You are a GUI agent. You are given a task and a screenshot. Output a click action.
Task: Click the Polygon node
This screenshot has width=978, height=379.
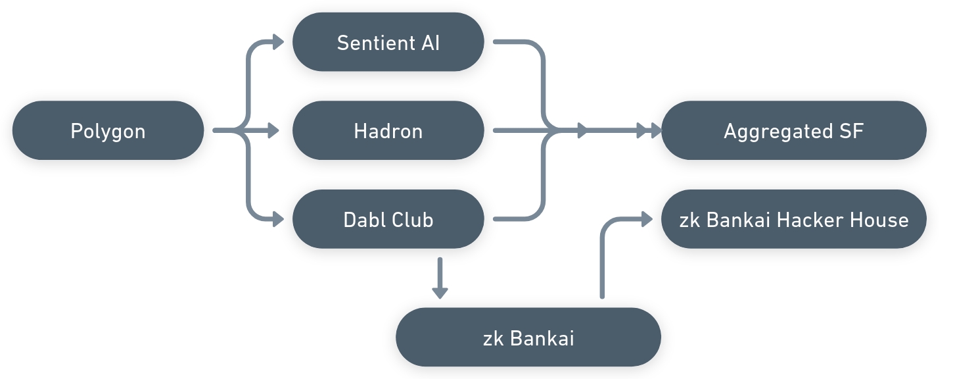point(108,130)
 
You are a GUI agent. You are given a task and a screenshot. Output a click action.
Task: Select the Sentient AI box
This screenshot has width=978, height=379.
point(388,42)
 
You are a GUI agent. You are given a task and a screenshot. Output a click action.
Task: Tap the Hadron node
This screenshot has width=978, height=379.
point(388,130)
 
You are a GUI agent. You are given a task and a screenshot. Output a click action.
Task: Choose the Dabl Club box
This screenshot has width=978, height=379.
point(388,219)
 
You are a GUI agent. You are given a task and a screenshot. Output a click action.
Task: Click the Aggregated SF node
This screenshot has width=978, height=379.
point(793,130)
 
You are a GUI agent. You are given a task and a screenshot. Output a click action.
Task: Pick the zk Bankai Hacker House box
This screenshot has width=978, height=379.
point(793,219)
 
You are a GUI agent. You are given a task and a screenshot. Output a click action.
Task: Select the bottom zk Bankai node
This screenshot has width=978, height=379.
point(528,338)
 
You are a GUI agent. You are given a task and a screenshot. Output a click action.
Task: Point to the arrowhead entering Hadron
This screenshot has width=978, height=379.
point(273,130)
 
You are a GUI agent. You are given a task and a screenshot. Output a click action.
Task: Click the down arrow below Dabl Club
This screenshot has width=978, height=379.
point(440,290)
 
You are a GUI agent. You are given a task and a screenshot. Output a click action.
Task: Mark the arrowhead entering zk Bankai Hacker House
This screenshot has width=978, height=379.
point(646,220)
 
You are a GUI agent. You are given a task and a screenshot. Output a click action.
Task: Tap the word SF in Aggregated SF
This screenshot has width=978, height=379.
point(851,131)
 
